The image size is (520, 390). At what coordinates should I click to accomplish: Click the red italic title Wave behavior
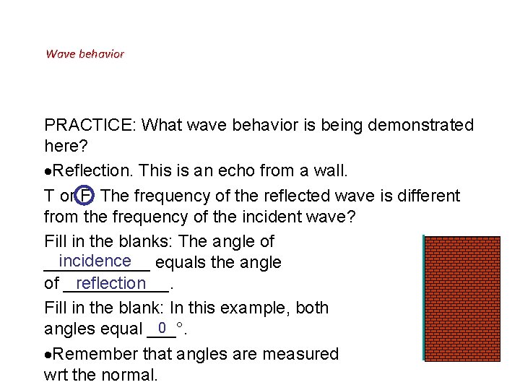click(84, 54)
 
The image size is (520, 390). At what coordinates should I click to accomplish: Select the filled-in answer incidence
click(95, 261)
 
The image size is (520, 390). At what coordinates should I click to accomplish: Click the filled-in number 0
click(162, 327)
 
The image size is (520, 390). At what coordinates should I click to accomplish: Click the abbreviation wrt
click(56, 376)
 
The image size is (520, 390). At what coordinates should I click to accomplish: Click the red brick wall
click(463, 298)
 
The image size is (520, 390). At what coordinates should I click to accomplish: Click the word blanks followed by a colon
click(140, 241)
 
